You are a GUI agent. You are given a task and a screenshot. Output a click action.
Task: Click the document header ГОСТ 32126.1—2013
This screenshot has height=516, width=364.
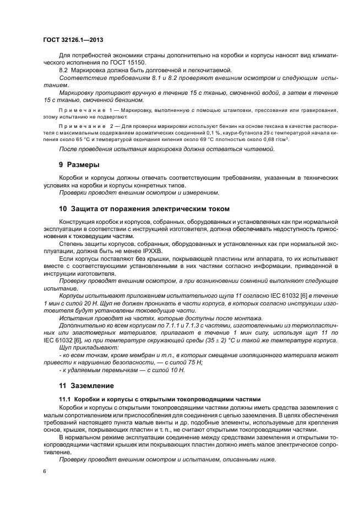click(x=73, y=40)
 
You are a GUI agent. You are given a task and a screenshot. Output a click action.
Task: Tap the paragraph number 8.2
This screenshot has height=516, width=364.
click(x=63, y=71)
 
